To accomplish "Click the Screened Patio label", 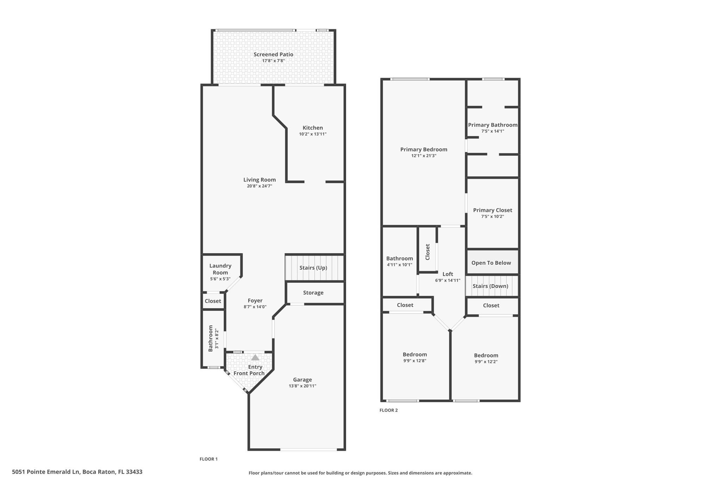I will coord(273,55).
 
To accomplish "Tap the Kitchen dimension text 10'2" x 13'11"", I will coord(313,134).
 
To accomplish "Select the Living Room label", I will coord(259,180).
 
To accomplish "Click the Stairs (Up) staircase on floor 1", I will coord(313,268).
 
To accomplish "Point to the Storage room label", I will coord(313,293).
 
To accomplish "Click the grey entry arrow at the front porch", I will coord(255,358).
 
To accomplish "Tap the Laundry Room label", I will coord(220,269).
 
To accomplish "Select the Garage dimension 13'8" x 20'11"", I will coord(302,386).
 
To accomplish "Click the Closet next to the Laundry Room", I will coord(213,301).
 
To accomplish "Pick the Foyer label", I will coord(255,301).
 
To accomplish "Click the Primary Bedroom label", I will coord(424,149).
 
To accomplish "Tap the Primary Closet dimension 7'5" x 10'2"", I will coord(493,216).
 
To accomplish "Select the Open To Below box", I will coord(491,263).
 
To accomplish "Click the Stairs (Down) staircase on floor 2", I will coord(490,286).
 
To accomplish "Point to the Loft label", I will coord(447,274).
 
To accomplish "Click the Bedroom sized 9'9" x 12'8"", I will coord(415,354).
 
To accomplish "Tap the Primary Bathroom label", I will coord(493,125).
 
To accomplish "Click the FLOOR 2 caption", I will coord(388,410).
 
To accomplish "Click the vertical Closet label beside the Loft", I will coord(427,252).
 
